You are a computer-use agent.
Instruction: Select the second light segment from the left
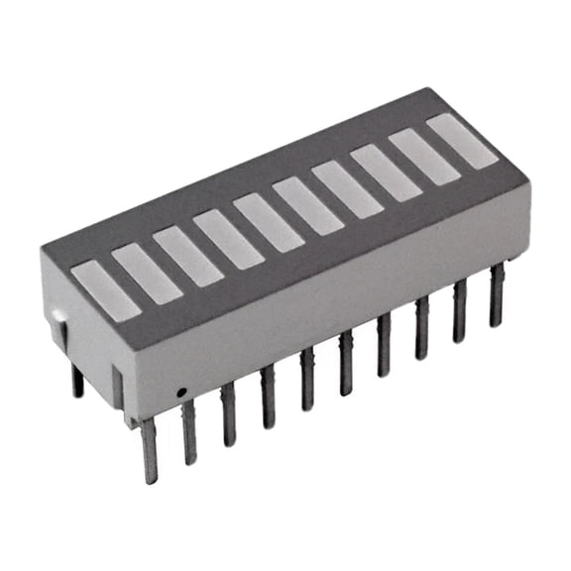point(147,273)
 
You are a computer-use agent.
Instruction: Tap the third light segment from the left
point(187,256)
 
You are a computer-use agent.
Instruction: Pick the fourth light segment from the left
point(228,239)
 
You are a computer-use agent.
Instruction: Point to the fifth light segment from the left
point(269,222)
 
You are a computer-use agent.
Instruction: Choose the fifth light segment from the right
point(307,205)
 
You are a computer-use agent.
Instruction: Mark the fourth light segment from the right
point(347,188)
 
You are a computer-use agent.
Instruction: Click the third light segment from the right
point(386,172)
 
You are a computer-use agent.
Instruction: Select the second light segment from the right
point(424,157)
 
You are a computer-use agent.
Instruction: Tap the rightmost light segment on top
point(462,141)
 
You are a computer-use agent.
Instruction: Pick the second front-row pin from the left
point(189,432)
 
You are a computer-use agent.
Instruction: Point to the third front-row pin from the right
point(422,328)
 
